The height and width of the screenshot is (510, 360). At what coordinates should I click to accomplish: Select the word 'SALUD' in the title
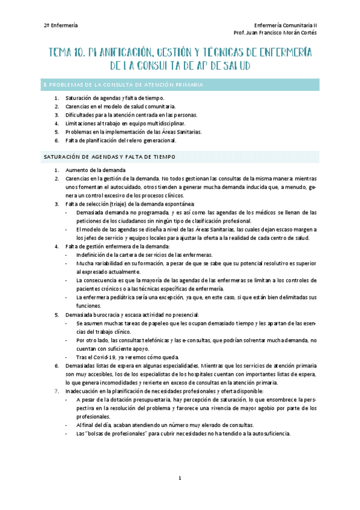pos(233,65)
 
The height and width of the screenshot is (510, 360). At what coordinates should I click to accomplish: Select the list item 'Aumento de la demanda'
pos(96,170)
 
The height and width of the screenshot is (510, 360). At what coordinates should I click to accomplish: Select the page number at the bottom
pos(179,478)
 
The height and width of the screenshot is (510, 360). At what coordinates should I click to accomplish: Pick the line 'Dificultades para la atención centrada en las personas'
pos(131,114)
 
